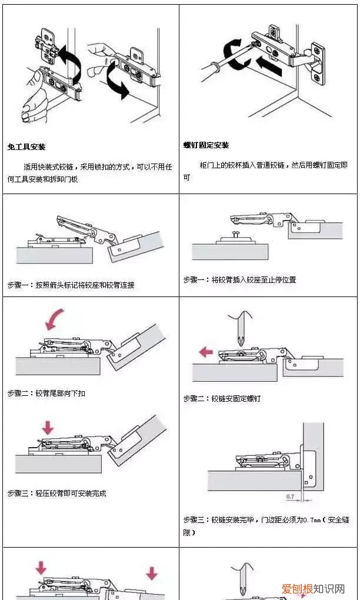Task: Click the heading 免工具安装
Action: (x=26, y=146)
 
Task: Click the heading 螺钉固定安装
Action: (x=206, y=145)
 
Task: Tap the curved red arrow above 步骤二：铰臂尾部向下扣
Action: (x=56, y=319)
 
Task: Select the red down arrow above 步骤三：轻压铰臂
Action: (x=48, y=426)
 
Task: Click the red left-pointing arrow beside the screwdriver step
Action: (x=206, y=352)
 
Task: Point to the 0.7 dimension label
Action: (x=290, y=497)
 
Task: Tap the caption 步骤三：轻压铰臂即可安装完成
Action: (x=57, y=494)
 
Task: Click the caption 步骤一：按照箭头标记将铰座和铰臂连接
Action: (x=71, y=285)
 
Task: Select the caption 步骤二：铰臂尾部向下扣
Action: (x=46, y=393)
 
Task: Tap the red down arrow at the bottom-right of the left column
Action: (x=152, y=572)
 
